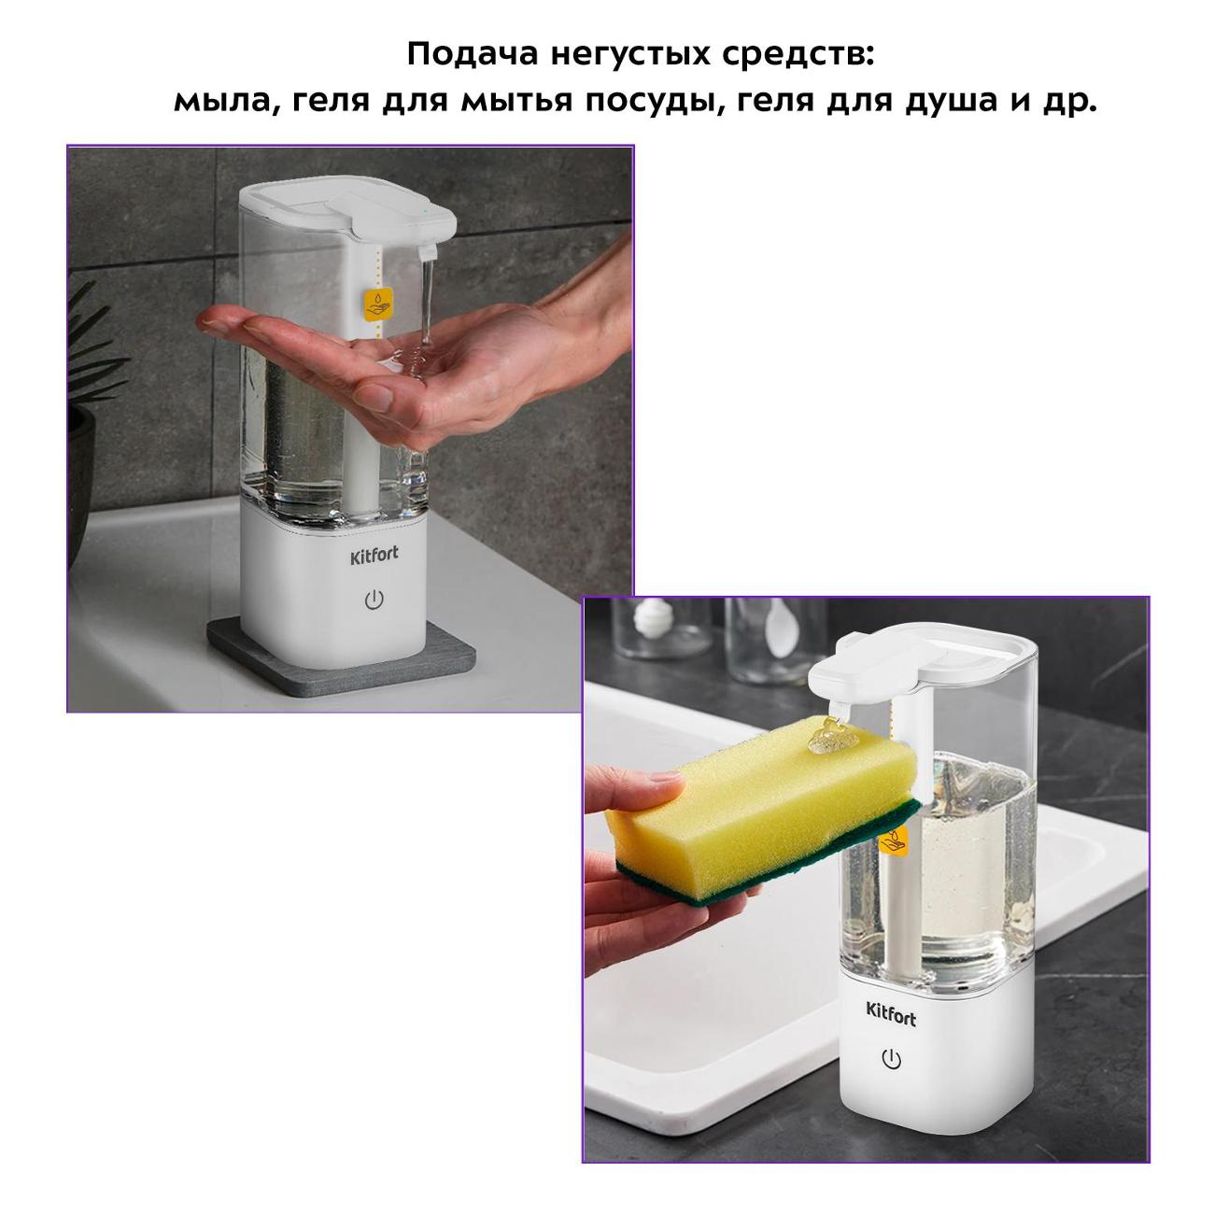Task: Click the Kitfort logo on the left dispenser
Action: tap(374, 555)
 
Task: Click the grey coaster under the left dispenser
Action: tap(280, 658)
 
